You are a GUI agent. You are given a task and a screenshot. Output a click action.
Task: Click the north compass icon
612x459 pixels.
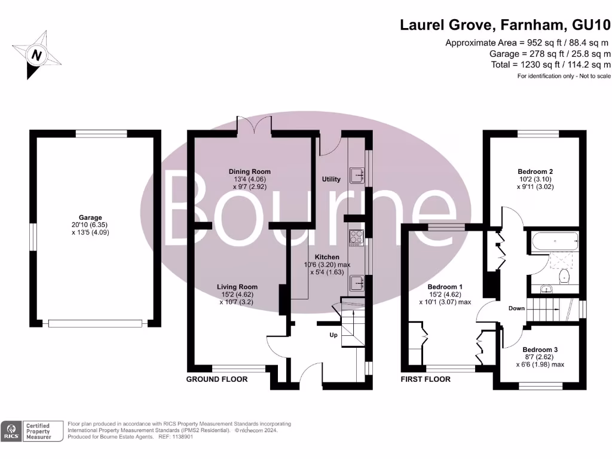click(36, 55)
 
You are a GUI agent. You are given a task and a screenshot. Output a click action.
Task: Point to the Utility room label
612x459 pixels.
click(331, 179)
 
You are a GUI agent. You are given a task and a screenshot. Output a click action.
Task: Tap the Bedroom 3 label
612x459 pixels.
click(540, 350)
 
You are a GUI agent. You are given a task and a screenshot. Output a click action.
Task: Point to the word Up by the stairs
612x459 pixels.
click(333, 335)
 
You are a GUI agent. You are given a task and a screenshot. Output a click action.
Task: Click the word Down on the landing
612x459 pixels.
click(516, 308)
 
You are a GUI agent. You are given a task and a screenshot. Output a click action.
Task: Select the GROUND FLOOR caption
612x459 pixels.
click(216, 380)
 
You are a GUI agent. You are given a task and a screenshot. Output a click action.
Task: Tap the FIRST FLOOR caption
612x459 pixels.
click(426, 380)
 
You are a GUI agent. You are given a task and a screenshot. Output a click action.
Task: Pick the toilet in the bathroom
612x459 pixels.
click(564, 276)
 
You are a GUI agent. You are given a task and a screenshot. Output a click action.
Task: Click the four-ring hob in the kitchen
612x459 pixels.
click(356, 237)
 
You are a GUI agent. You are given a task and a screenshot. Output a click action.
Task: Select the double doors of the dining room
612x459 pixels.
click(254, 124)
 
